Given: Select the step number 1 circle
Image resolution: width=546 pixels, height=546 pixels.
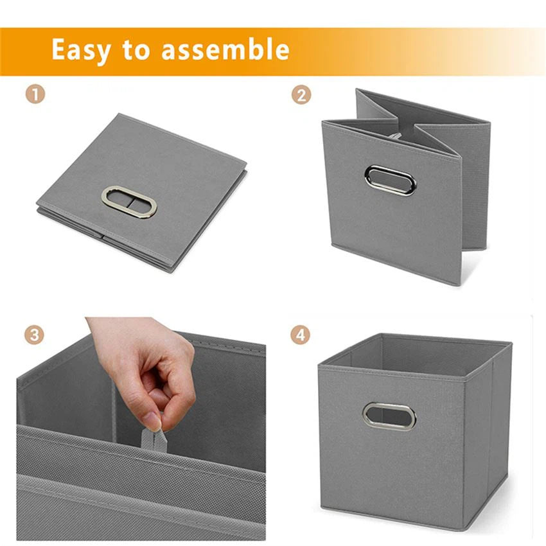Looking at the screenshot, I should click(35, 95).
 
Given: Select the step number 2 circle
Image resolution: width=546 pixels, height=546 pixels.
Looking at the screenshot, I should click(301, 95).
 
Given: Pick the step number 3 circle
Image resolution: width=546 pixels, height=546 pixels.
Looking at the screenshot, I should click(35, 335).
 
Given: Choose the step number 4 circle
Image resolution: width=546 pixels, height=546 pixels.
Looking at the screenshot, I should click(301, 335).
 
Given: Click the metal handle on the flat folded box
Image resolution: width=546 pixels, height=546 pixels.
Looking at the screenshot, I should click(129, 202).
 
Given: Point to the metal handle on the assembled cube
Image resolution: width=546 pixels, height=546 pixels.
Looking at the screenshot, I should click(389, 416).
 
